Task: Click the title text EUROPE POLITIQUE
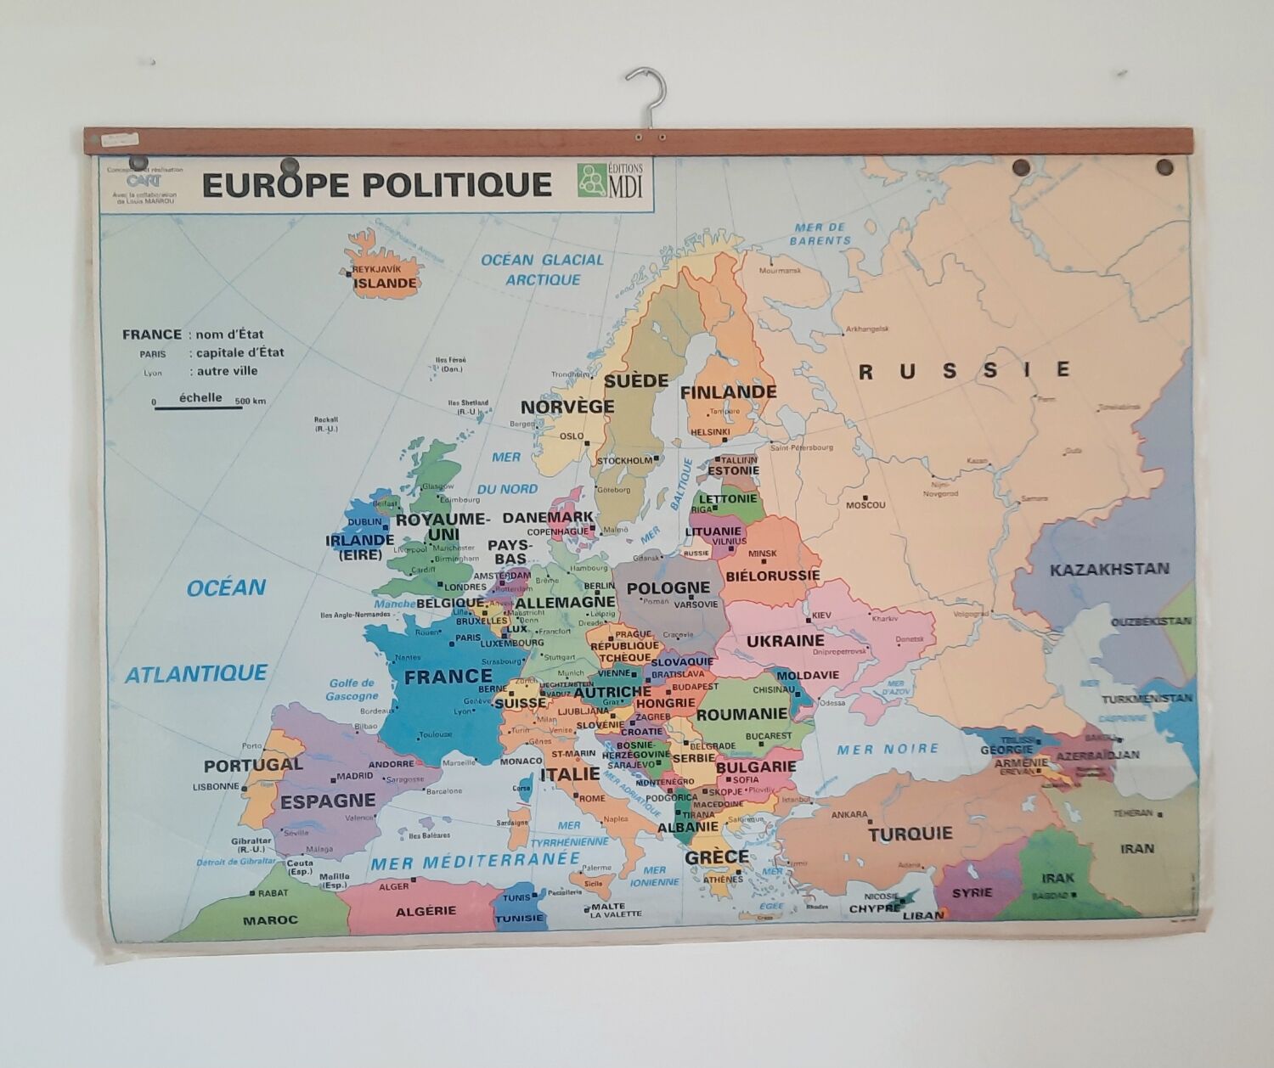376,185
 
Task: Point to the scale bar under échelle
199,408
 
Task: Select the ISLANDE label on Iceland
385,284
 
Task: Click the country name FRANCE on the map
448,677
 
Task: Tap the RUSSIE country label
964,371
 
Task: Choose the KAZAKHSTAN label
1109,569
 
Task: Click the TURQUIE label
910,834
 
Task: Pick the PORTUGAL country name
253,765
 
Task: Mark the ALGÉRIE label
426,910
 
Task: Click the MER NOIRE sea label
888,749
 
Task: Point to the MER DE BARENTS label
820,233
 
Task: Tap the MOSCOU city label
865,504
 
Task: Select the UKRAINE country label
786,640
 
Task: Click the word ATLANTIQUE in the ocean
196,674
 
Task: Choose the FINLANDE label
728,392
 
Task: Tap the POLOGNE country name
668,587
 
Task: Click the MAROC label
270,919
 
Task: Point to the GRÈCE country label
717,857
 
